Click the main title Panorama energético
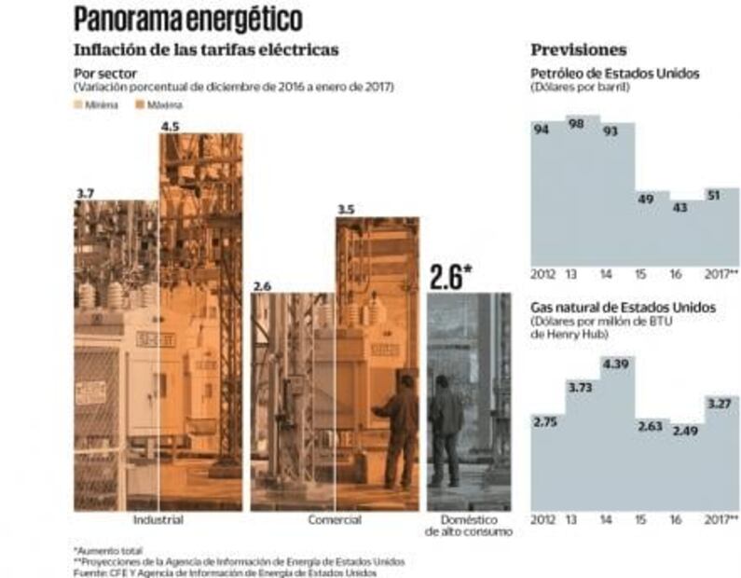point(187,18)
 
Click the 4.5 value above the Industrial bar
point(172,126)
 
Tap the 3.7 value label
point(85,193)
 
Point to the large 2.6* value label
point(452,277)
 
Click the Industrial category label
point(158,519)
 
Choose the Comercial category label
point(334,519)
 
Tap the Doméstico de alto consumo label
point(469,525)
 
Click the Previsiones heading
point(578,49)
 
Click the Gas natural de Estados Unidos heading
point(623,307)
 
